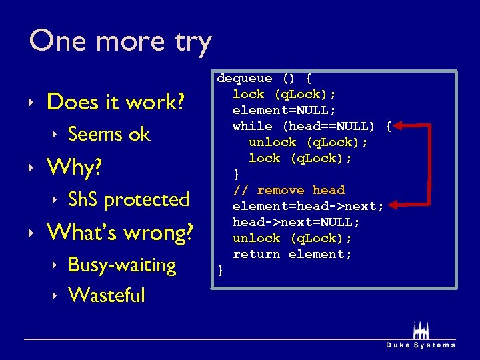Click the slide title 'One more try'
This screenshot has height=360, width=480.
(x=120, y=41)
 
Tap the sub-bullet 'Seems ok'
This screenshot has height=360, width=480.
(x=109, y=134)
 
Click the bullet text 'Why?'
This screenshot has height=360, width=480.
(x=74, y=167)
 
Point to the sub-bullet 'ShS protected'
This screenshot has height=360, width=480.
(x=129, y=199)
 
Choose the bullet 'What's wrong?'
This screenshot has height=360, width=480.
(x=119, y=233)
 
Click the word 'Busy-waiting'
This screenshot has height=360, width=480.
(x=122, y=265)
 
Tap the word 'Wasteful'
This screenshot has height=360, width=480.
(x=106, y=295)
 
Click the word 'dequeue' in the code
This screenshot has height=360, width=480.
(x=244, y=79)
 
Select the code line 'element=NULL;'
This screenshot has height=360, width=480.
(x=284, y=110)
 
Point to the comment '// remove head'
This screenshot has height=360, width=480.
(x=288, y=190)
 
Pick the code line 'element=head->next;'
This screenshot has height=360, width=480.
(x=308, y=206)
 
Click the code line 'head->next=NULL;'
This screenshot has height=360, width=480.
(x=296, y=222)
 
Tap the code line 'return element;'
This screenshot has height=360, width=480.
(x=292, y=254)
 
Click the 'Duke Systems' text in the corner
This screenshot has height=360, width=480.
(x=421, y=345)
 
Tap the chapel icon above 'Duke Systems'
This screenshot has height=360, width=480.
(x=421, y=331)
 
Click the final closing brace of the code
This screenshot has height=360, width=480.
(x=220, y=270)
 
